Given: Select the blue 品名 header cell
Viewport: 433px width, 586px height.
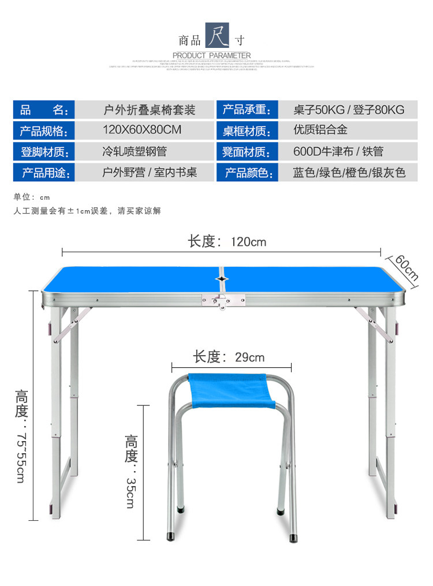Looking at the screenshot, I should (44, 110).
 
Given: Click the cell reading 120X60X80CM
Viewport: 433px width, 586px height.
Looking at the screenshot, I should (142, 130).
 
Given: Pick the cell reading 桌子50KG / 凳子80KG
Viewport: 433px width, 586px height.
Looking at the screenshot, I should (349, 110).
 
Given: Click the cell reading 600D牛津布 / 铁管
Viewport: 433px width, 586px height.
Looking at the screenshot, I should (338, 152).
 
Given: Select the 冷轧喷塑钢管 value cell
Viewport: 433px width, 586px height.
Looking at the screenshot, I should (135, 152).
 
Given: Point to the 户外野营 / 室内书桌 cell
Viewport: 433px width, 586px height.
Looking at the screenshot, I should (150, 173).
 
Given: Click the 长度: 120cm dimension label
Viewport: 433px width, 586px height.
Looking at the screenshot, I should (227, 241).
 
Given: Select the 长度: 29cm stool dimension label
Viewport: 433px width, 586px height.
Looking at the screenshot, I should (229, 357).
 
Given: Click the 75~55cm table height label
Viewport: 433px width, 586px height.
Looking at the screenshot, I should (21, 436).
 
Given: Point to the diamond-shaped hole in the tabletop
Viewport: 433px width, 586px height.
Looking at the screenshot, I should (221, 279).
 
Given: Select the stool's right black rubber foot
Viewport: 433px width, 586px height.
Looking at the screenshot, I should (280, 512).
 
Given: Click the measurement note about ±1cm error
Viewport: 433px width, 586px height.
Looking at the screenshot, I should (87, 211).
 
